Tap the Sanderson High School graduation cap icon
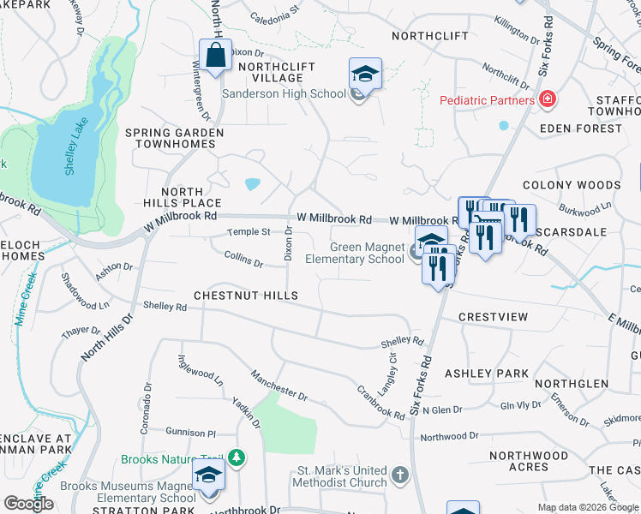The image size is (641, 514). click(365, 75)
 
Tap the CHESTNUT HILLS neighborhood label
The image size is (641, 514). click(246, 296)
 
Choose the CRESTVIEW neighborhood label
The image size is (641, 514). click(493, 317)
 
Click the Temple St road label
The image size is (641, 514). click(249, 232)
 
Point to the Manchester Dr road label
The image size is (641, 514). click(279, 385)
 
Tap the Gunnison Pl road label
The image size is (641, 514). click(191, 433)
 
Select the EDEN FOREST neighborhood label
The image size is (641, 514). click(581, 128)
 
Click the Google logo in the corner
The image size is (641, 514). click(28, 504)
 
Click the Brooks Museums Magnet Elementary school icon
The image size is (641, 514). click(209, 475)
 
